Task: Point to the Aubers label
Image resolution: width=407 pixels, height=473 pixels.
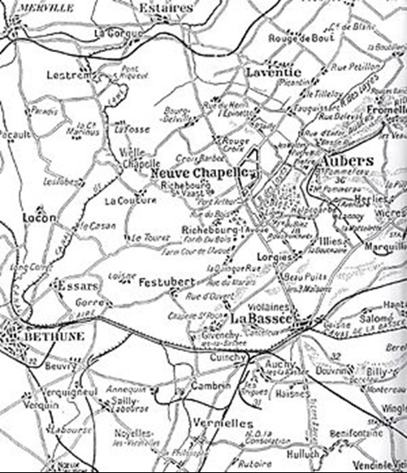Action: pos(348,160)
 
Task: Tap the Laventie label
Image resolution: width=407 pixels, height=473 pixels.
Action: pos(273,72)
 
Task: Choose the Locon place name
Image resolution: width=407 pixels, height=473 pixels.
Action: pos(40,219)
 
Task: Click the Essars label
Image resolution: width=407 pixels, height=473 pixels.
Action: pos(77,286)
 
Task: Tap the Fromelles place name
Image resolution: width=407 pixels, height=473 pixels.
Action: pos(388,109)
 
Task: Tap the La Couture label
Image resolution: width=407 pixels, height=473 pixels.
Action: pos(129,200)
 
